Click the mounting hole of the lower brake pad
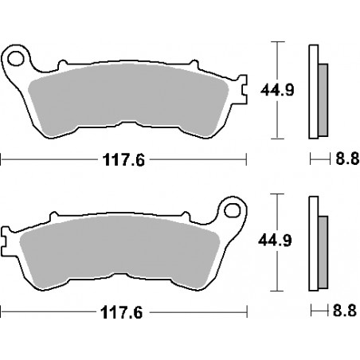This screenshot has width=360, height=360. (233, 212)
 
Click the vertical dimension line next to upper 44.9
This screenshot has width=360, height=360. (276, 88)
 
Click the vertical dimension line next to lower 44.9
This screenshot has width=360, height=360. (276, 241)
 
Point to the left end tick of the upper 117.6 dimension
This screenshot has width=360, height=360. (2, 159)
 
